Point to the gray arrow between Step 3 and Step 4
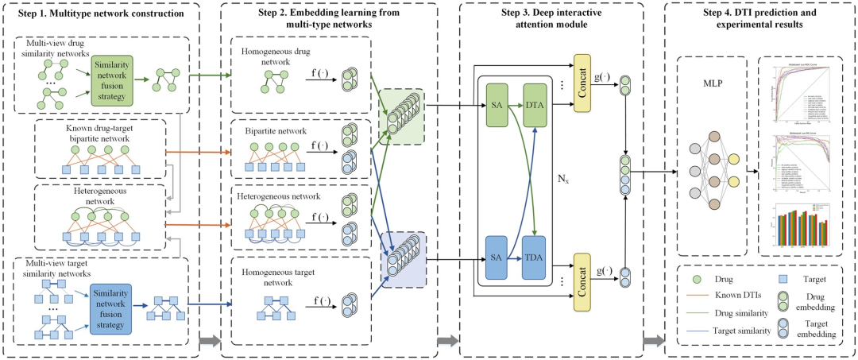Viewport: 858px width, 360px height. [654, 340]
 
